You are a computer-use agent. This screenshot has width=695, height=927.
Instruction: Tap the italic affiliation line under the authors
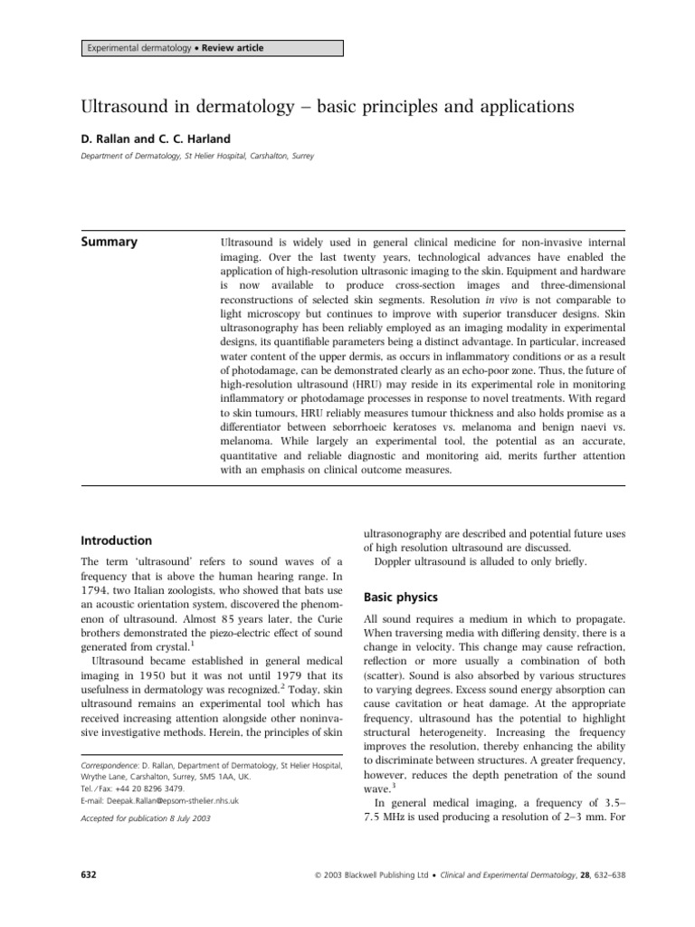pos(197,157)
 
